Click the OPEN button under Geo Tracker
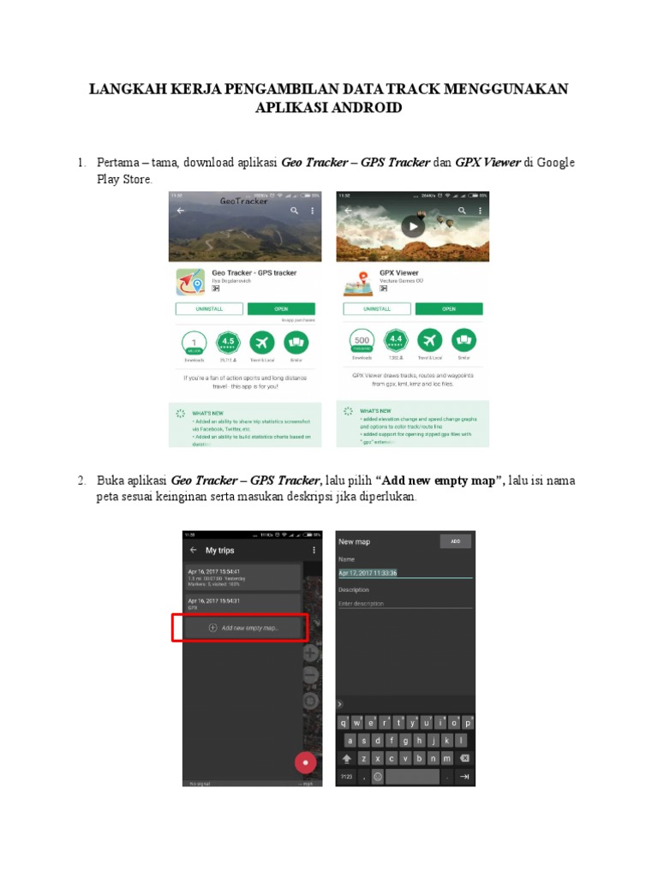point(281,309)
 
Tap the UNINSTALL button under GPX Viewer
point(376,309)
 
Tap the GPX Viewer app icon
point(354,282)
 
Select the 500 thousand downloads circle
point(360,342)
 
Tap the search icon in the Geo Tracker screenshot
point(294,210)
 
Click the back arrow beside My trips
point(193,550)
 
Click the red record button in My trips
point(305,761)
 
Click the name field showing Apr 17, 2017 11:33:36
point(404,573)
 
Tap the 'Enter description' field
point(404,604)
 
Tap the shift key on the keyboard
point(347,759)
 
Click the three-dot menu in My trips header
point(314,550)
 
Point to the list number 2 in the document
point(81,480)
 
